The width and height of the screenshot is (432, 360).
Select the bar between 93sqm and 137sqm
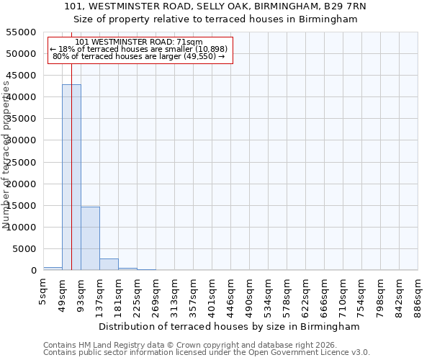coord(90,238)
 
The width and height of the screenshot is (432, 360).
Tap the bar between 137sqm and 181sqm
coord(109,264)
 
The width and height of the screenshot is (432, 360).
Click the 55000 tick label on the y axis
coord(22,32)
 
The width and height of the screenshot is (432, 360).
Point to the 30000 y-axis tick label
coord(22,140)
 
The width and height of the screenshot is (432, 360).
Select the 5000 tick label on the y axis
coord(24,249)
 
